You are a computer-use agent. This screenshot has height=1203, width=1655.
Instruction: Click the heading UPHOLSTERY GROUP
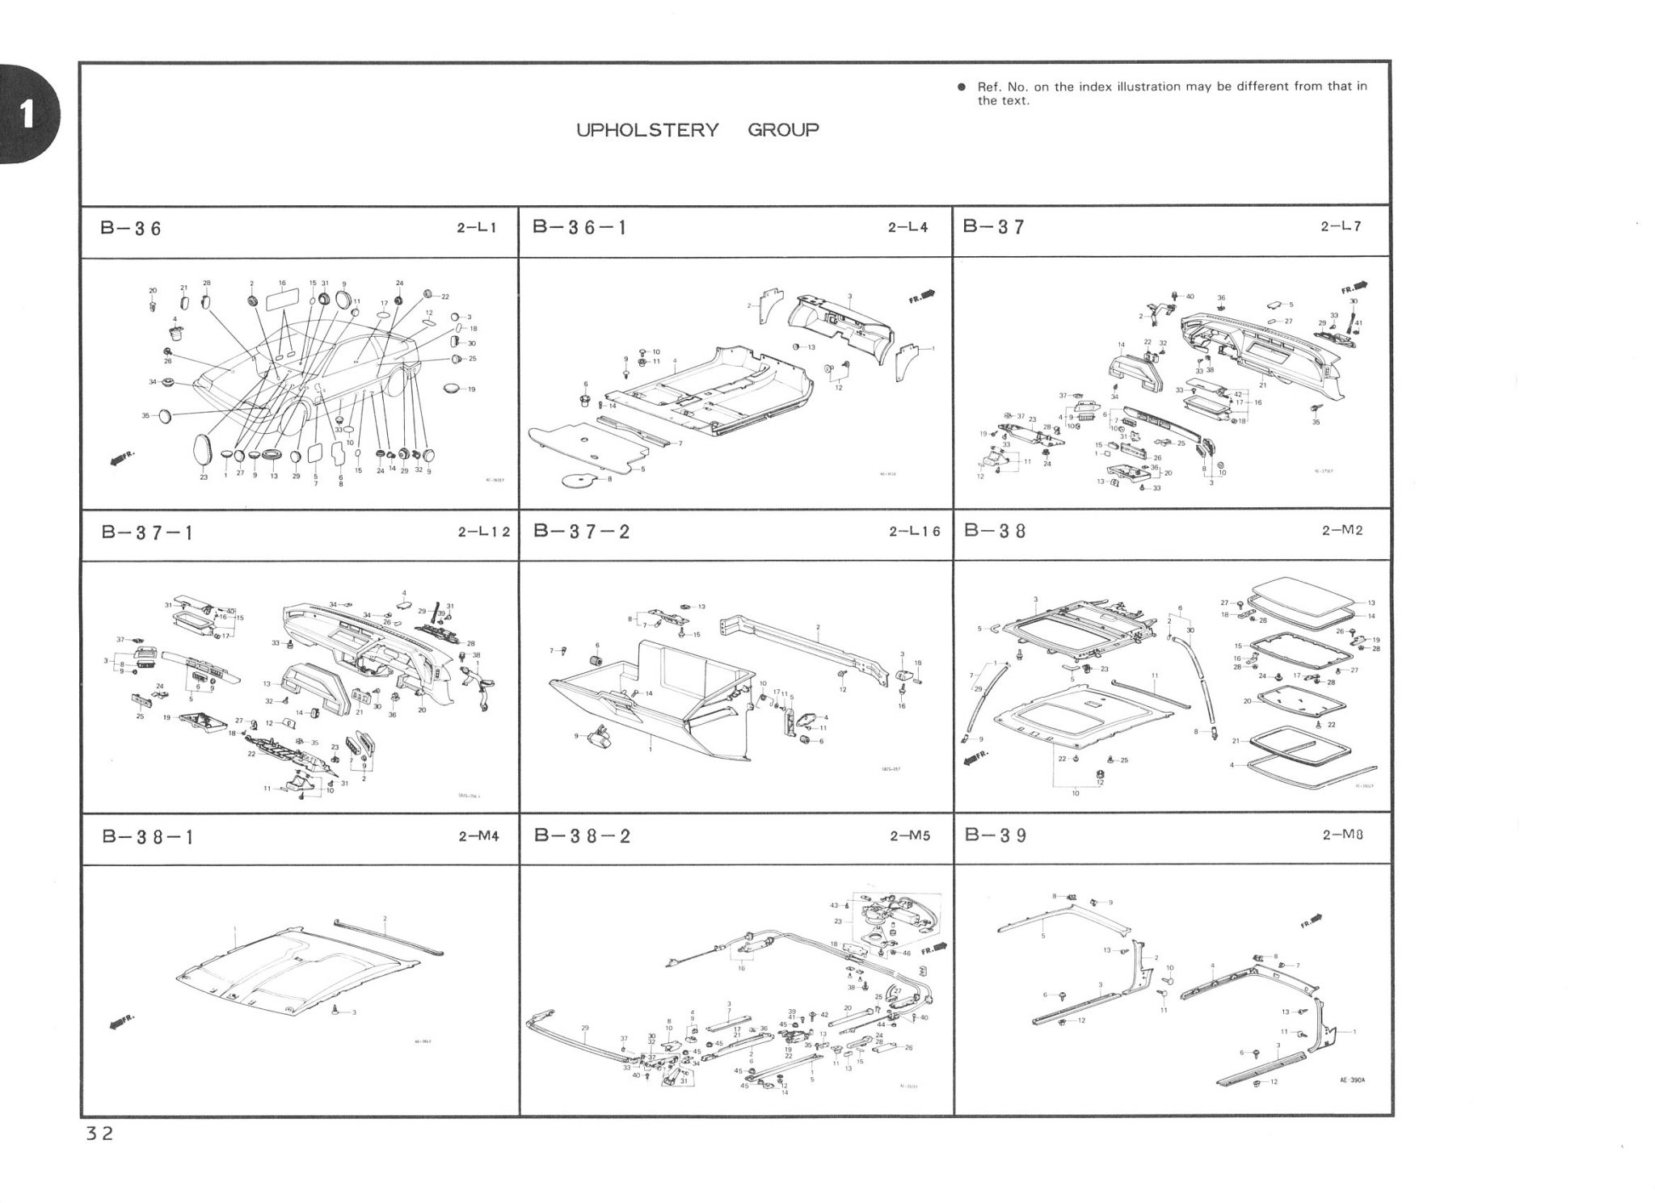point(697,130)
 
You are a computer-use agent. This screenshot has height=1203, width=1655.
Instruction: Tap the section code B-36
point(131,229)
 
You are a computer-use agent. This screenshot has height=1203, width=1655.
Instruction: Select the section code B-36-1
point(579,228)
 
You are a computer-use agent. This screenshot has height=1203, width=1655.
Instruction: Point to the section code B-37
point(994,227)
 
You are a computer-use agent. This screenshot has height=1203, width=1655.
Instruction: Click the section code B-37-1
point(148,533)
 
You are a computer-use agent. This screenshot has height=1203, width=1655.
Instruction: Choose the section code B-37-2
point(582,532)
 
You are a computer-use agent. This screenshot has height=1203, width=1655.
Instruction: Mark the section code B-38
point(995,532)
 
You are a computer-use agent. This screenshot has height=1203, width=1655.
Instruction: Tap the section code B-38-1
point(148,837)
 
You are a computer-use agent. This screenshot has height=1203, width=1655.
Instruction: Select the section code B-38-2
point(582,836)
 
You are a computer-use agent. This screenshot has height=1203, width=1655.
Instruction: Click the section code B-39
point(996,835)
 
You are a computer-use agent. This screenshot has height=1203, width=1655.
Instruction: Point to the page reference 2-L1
point(476,229)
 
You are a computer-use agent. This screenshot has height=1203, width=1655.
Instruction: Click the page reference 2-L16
point(915,532)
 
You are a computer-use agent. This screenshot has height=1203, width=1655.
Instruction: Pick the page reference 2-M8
point(1342,835)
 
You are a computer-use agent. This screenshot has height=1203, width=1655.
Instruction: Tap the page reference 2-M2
point(1342,532)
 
